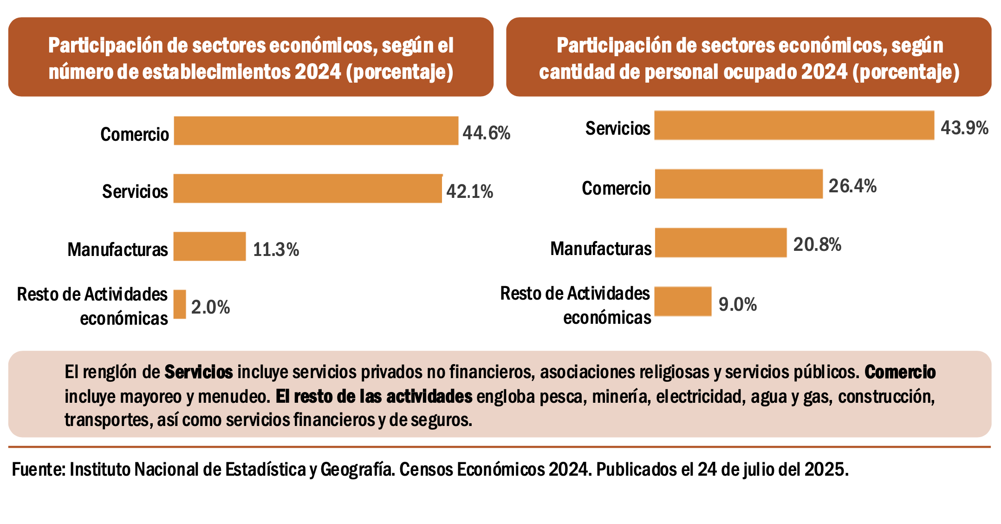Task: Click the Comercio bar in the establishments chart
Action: pos(316,131)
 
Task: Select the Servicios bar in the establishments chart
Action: pos(307,189)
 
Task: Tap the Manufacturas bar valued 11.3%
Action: pos(209,246)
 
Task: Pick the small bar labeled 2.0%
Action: pos(180,304)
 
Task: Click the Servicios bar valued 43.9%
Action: pos(794,125)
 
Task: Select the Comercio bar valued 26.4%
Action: pos(738,184)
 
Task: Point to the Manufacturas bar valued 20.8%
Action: pos(721,242)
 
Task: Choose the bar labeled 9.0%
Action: pos(682,301)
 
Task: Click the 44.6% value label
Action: pos(486,133)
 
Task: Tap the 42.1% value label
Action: pos(469,191)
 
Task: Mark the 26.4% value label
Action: pos(852,186)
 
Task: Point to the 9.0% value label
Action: pos(737,305)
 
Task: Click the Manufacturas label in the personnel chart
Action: pos(601,249)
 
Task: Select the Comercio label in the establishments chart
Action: pos(135,134)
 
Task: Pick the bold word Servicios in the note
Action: pos(199,372)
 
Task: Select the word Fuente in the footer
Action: pos(38,470)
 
